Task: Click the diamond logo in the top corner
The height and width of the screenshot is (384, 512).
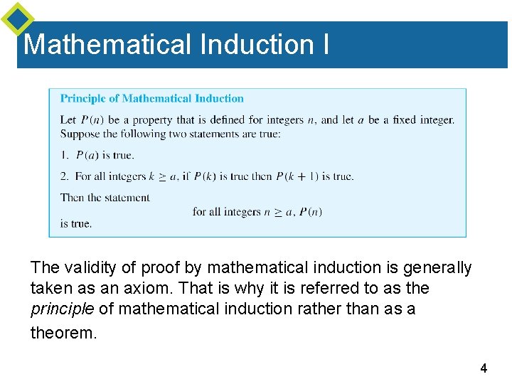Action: [17, 18]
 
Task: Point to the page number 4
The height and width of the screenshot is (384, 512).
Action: [484, 368]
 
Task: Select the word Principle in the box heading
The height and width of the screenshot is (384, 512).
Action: [80, 99]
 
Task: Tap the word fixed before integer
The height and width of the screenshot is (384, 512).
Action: [404, 119]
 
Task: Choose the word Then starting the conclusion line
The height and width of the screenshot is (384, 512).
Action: [72, 198]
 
